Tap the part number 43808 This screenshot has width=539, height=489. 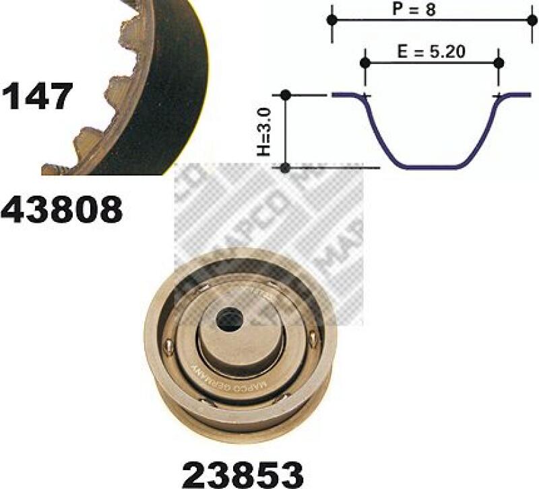tap(62, 210)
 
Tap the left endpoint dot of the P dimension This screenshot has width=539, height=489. tap(331, 20)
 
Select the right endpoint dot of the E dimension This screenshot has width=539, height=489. tap(499, 63)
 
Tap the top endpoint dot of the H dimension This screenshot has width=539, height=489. tap(286, 95)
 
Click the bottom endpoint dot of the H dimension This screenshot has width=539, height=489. tap(286, 167)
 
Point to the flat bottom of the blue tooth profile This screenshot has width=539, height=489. tap(432, 167)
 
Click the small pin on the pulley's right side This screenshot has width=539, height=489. tap(311, 340)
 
